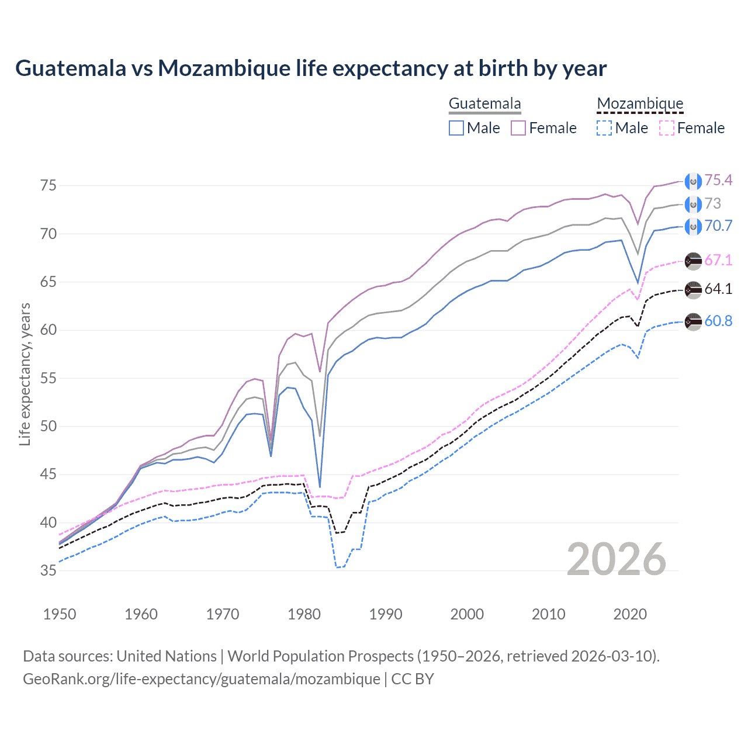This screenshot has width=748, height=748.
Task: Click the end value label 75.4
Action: pos(718,180)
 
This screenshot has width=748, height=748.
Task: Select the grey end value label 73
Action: pos(713,203)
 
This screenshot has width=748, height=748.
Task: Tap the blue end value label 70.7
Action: pos(718,226)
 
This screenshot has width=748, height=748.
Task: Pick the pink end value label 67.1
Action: pos(718,260)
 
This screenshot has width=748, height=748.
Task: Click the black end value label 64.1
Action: pos(718,289)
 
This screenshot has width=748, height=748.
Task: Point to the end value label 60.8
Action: pos(718,321)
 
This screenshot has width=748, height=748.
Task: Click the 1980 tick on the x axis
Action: pos(304,614)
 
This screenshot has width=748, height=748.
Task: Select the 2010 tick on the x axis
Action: pos(549,614)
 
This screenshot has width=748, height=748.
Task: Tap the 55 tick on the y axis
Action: pos(49,378)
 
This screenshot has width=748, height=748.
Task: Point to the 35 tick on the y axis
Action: pos(49,570)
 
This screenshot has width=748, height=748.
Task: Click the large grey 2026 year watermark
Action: pos(617,560)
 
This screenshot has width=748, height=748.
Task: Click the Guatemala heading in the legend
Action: pos(484,104)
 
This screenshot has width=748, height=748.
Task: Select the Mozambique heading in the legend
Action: pos(640,104)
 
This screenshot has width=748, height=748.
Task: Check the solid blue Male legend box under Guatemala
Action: pos(456,128)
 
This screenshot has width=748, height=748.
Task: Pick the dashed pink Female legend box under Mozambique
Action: pos(667,128)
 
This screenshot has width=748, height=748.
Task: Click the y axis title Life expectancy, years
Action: pos(25,374)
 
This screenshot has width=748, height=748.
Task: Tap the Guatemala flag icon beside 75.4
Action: pos(693,181)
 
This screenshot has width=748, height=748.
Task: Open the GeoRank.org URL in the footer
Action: pos(202,679)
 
